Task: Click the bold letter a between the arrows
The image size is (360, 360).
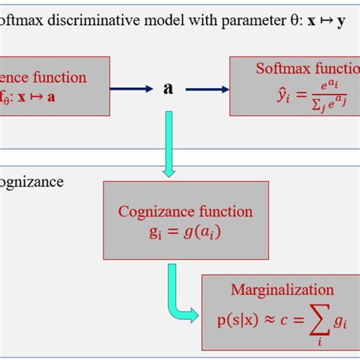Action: (168, 89)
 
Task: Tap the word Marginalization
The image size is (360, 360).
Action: (283, 289)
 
